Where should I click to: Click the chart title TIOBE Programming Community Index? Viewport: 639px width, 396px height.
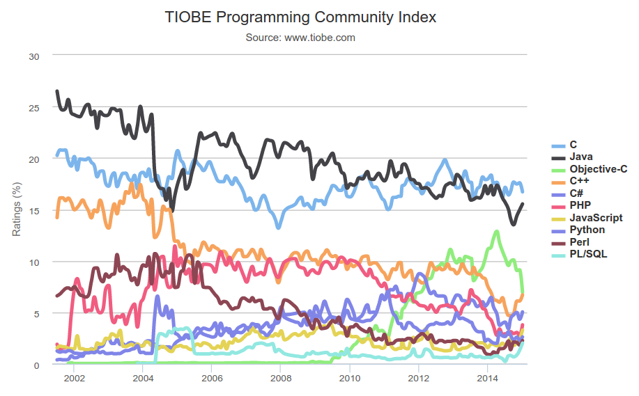[300, 17]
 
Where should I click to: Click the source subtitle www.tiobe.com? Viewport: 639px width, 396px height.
[300, 38]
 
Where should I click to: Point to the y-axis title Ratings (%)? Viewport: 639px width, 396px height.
[17, 208]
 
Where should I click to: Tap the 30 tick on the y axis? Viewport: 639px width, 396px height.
[34, 56]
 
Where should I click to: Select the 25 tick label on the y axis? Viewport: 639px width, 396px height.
[34, 107]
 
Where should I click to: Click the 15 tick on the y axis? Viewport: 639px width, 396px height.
[34, 210]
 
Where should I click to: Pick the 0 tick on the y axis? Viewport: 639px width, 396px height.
[37, 365]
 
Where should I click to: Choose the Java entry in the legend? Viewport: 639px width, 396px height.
[581, 157]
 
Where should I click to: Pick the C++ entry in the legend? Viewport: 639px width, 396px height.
[580, 181]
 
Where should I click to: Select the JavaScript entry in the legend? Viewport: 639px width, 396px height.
[596, 218]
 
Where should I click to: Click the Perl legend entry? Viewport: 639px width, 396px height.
[580, 241]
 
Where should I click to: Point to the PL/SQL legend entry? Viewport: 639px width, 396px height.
[588, 254]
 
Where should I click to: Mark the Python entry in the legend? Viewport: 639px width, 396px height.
[587, 230]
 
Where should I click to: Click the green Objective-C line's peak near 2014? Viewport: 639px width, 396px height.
[496, 232]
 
